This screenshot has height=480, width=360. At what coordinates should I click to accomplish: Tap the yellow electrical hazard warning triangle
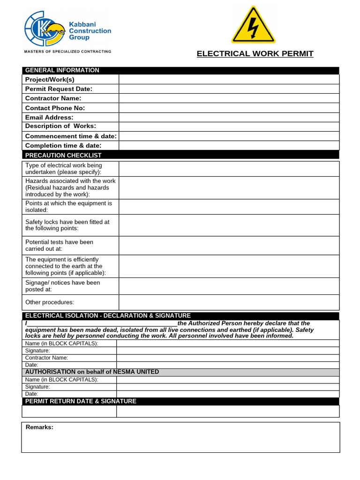[x=253, y=25]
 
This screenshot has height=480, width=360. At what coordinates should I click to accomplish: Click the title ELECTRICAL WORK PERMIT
[x=255, y=53]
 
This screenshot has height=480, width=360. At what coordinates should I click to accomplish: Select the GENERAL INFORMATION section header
[x=62, y=70]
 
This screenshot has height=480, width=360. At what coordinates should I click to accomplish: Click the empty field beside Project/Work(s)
[x=229, y=80]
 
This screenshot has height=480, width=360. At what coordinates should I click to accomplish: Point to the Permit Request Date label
[x=59, y=89]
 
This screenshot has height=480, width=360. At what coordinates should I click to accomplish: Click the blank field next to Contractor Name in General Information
[x=229, y=98]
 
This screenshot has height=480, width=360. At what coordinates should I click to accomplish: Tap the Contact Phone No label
[x=55, y=108]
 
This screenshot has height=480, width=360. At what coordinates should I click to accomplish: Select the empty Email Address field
[x=229, y=117]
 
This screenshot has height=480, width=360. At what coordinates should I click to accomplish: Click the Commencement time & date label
[x=71, y=136]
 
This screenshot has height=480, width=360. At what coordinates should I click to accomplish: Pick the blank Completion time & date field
[x=229, y=145]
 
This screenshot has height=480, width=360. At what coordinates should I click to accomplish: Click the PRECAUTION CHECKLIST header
[x=63, y=155]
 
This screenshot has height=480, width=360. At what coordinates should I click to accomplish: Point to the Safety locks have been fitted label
[x=67, y=225]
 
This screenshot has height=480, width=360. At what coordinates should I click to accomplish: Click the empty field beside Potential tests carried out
[x=229, y=246]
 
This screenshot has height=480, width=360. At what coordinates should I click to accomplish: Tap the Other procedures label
[x=50, y=302]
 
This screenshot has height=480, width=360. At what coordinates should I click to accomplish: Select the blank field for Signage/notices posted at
[x=229, y=286]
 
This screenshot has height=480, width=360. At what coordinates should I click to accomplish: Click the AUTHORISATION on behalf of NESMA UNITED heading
[x=92, y=372]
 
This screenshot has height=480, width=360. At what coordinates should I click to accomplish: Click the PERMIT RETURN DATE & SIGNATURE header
[x=81, y=401]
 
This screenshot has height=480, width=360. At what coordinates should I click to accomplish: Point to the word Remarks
[x=39, y=427]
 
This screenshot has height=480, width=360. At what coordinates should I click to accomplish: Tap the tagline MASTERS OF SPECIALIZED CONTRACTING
[x=68, y=51]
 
